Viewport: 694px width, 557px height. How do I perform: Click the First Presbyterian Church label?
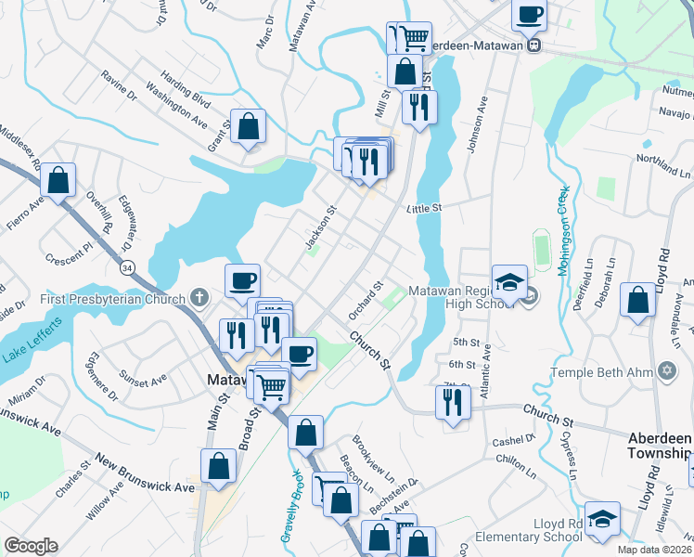tap(114, 299)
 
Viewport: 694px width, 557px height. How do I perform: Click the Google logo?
tap(31, 546)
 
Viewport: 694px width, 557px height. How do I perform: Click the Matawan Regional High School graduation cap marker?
tap(509, 282)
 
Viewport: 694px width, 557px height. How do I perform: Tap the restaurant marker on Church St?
tap(453, 402)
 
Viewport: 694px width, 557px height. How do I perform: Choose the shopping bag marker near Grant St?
tap(249, 126)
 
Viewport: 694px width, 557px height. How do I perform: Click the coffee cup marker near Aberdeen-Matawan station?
tap(529, 15)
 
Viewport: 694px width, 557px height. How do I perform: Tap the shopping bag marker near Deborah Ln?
tap(637, 300)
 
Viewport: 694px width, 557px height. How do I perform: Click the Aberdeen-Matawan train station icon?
tap(533, 45)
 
